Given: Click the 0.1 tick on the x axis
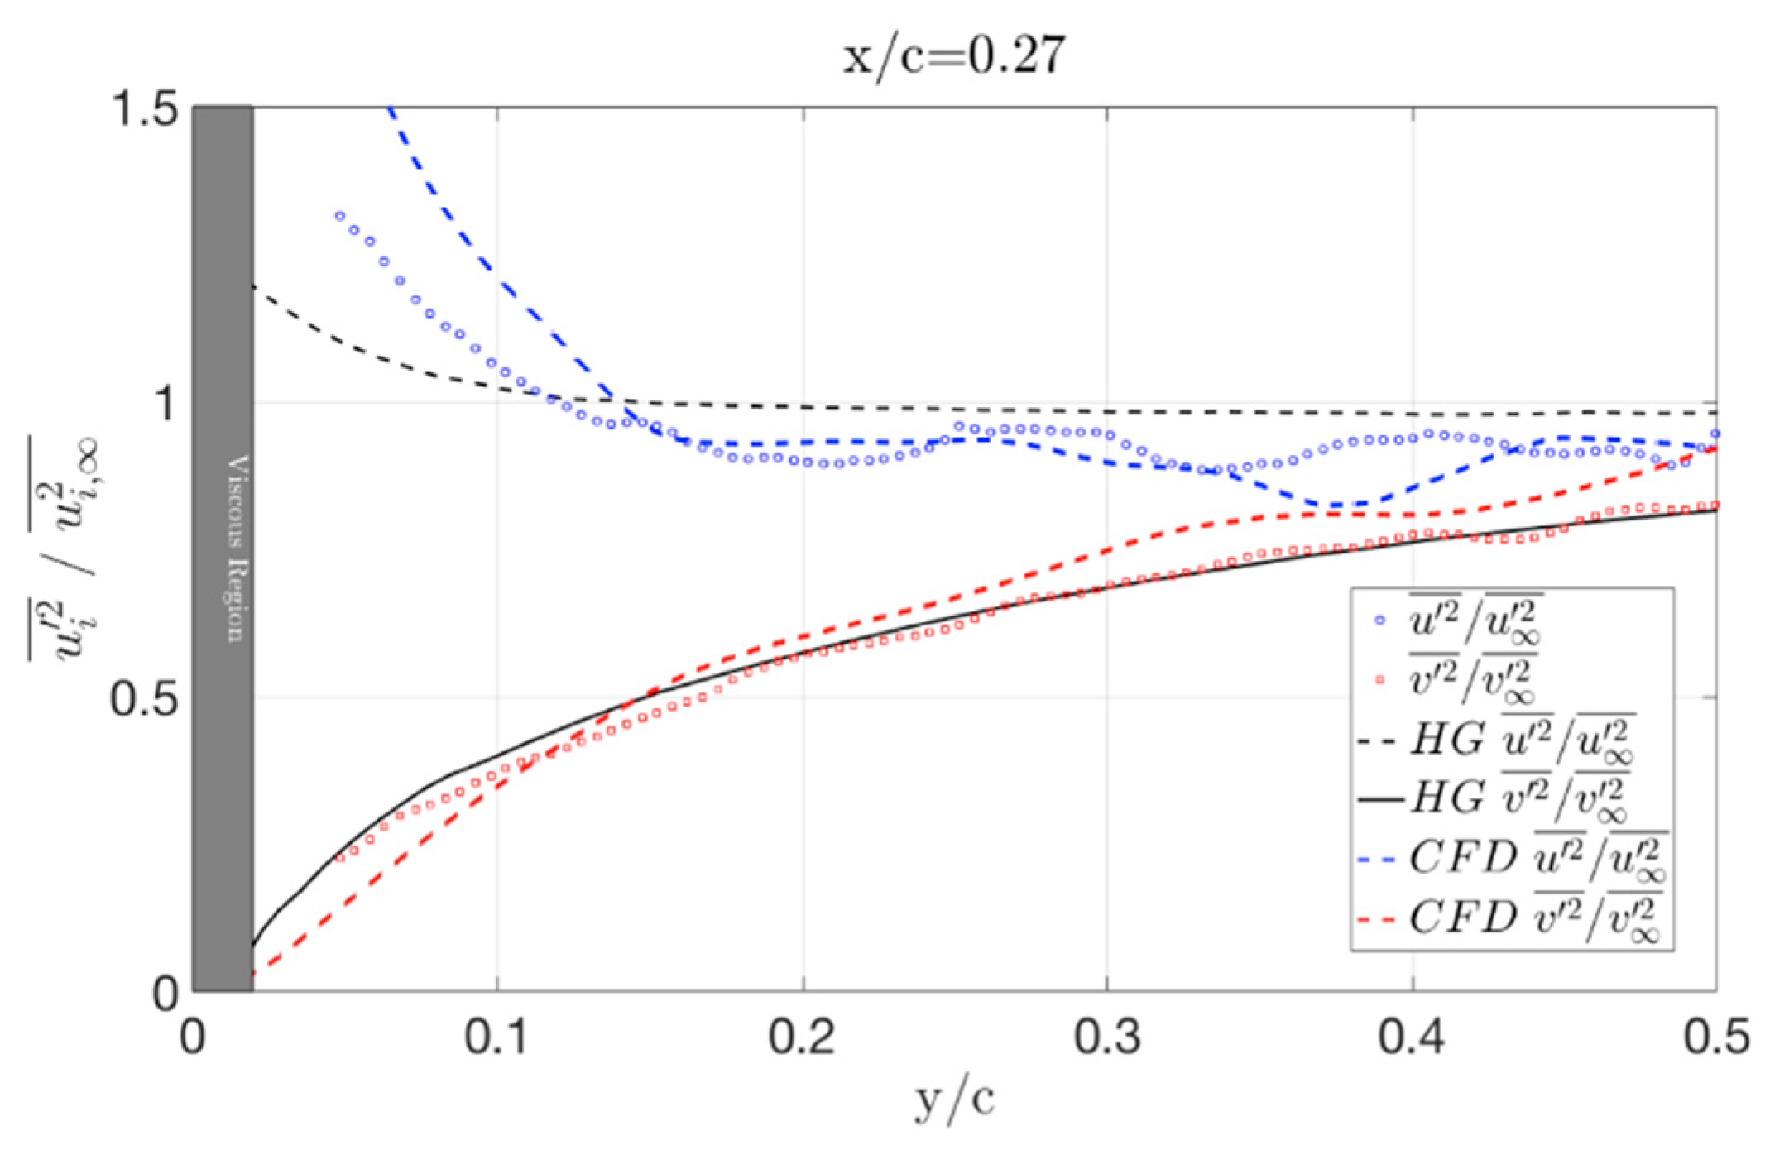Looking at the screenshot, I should coord(496,1036).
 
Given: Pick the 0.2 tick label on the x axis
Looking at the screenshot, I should coord(802,1036).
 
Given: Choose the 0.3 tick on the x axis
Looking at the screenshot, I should coord(1107,1036).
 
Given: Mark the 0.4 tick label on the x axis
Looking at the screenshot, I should coord(1412,1036).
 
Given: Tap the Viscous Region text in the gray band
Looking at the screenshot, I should coord(237,548).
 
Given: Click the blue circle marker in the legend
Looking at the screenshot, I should coord(1379,620).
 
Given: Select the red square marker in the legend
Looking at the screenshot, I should coord(1379,680).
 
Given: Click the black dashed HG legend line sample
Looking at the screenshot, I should coord(1379,740).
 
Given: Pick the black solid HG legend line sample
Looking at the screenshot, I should coord(1380,799).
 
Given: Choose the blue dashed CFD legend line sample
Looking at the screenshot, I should coord(1380,860).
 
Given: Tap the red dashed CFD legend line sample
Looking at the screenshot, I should coord(1380,919).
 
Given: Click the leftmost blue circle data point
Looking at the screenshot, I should coord(339,216).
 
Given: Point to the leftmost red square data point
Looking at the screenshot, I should coord(339,858).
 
